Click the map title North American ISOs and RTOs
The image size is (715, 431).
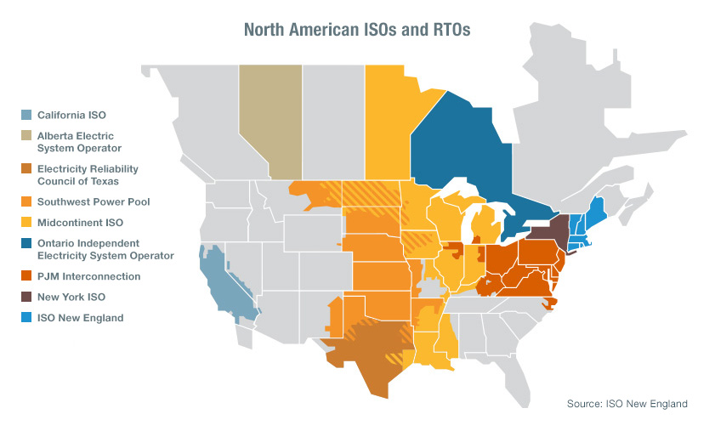(357, 29)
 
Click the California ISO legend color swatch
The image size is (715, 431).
(26, 115)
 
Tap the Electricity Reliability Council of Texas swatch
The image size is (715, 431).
(26, 169)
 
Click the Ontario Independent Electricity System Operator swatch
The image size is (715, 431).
(26, 243)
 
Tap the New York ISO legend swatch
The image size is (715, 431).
(26, 298)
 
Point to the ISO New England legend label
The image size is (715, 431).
(80, 318)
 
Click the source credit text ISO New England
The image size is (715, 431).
(627, 404)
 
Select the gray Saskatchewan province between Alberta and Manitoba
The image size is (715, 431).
(333, 119)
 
